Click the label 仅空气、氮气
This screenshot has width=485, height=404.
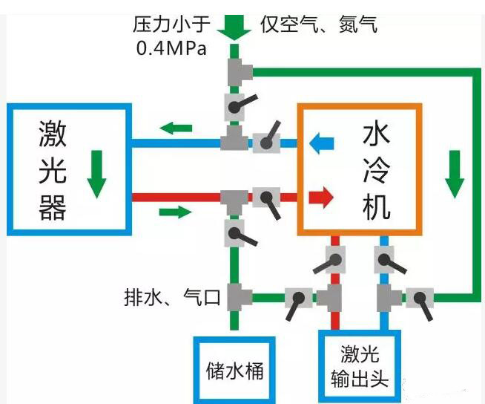319,25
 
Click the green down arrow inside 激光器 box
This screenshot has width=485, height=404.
95,175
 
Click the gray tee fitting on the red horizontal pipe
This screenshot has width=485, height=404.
235,198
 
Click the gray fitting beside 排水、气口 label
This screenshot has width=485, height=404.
236,298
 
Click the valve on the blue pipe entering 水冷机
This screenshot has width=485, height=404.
265,140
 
